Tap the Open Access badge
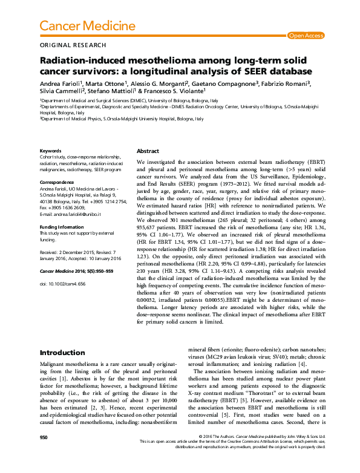(x=306, y=36)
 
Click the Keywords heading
(x=50, y=151)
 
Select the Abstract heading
(x=148, y=151)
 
